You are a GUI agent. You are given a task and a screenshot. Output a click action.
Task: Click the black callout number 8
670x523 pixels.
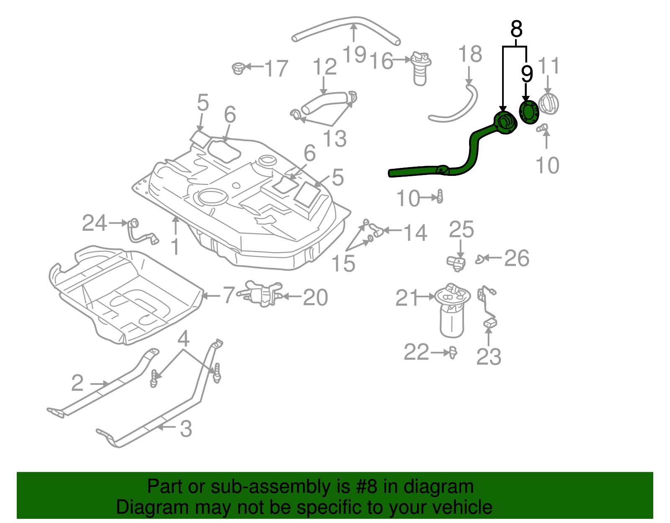coord(517,29)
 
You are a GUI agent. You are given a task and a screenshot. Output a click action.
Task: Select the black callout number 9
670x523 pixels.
coord(527,74)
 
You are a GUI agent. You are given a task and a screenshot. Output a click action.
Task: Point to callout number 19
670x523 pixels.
coord(354,54)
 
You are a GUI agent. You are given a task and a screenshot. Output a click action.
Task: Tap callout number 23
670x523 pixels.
coord(489,357)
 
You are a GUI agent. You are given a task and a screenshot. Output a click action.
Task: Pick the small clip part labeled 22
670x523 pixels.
coord(453,353)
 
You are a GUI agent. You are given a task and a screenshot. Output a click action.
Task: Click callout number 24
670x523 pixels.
coord(95,223)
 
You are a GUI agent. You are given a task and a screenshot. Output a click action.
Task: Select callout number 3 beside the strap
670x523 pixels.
coord(186,428)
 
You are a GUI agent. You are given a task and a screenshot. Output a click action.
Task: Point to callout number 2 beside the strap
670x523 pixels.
coord(77,383)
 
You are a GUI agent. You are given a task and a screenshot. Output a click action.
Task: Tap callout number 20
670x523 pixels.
coord(315,297)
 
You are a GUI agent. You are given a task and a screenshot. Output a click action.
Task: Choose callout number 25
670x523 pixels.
coord(461,229)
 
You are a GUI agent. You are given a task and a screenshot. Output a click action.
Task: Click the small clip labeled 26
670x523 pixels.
coord(480,260)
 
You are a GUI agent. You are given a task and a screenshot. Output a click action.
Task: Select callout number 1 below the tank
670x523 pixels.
coord(175,247)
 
